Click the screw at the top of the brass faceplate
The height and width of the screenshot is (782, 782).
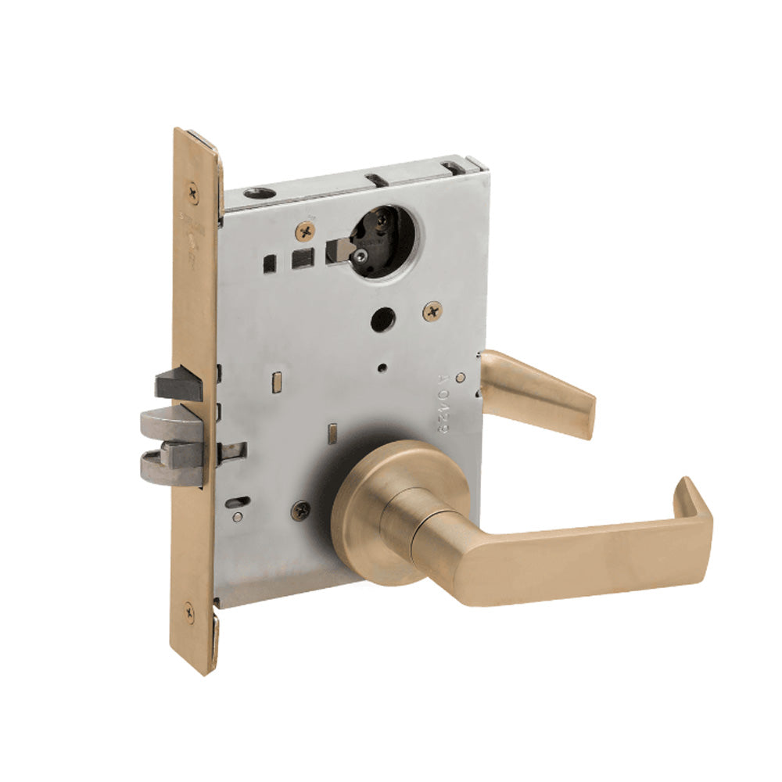192,188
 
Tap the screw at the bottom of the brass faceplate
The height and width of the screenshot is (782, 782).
189,612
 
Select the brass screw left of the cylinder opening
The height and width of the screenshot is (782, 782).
307,231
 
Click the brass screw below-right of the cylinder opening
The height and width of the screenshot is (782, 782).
432,311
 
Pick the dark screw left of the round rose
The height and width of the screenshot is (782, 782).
300,511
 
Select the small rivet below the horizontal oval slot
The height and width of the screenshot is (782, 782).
237,516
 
